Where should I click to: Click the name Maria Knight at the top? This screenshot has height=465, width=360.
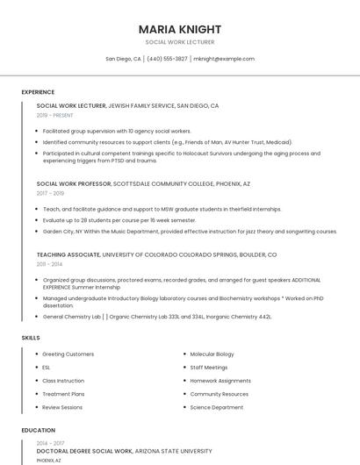point(180,29)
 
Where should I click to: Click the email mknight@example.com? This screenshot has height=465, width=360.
point(224,59)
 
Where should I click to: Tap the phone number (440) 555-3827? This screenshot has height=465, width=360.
point(167,59)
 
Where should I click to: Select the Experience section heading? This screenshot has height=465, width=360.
point(38,92)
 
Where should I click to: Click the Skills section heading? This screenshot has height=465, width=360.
point(31,337)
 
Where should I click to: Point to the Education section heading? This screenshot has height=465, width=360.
point(38,430)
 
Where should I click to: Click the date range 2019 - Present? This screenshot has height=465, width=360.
point(54,115)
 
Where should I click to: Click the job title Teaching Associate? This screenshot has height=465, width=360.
point(68,254)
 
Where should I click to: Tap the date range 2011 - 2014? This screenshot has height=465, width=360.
point(49,263)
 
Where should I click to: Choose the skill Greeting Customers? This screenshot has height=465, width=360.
point(68,354)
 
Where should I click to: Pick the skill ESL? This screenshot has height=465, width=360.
point(47,368)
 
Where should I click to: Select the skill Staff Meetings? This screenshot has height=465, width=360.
point(208,368)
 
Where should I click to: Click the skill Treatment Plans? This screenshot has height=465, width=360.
point(62,394)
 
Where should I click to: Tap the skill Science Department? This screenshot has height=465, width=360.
point(217,407)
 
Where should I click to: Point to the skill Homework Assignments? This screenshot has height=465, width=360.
point(220,381)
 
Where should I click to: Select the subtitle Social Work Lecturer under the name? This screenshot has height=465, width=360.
point(180,42)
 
